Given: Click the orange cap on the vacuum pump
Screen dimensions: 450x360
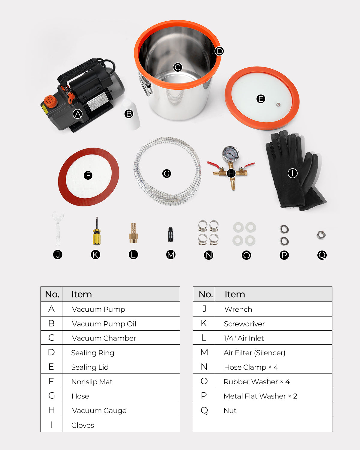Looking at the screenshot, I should (50, 101).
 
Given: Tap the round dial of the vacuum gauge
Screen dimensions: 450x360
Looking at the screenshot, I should (230, 154).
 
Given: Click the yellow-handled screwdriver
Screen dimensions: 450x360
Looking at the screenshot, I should (96, 234).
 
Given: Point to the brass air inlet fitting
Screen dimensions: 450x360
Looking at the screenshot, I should (133, 233).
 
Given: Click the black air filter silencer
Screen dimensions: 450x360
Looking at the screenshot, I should (171, 235).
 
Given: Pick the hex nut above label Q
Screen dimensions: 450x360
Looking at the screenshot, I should (321, 235).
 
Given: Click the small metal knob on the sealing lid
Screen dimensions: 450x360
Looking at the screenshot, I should (278, 104).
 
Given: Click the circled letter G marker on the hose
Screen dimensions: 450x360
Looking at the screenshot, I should (166, 173).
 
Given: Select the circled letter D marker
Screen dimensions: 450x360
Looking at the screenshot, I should (220, 51).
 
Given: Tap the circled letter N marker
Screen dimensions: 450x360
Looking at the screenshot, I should (208, 255).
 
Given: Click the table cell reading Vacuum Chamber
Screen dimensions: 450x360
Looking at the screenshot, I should (104, 338).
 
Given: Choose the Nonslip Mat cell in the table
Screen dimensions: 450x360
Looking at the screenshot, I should (92, 382).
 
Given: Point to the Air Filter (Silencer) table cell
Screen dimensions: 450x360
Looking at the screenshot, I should (254, 353).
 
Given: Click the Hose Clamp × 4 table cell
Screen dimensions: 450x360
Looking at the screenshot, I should (251, 367).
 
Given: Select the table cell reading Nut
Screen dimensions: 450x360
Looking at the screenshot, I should (230, 410).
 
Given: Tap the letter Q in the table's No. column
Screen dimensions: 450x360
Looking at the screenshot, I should (204, 410).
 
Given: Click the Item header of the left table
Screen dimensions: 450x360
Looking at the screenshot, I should (82, 294).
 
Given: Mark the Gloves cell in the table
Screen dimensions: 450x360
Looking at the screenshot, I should (82, 425).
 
